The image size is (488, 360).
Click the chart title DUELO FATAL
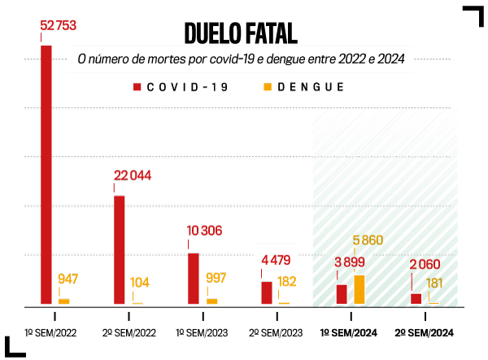(241, 33)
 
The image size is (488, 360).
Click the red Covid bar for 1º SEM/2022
(46, 174)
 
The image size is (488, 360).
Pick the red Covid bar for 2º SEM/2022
(120, 249)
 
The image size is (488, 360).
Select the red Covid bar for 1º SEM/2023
(194, 278)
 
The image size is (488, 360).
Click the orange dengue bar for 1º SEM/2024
(359, 289)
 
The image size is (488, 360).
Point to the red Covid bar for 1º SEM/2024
(342, 294)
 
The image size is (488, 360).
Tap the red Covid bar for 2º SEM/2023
(267, 293)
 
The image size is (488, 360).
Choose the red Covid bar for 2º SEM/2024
(416, 298)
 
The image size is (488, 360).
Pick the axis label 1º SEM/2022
(51, 333)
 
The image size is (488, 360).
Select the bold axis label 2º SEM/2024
(424, 333)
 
